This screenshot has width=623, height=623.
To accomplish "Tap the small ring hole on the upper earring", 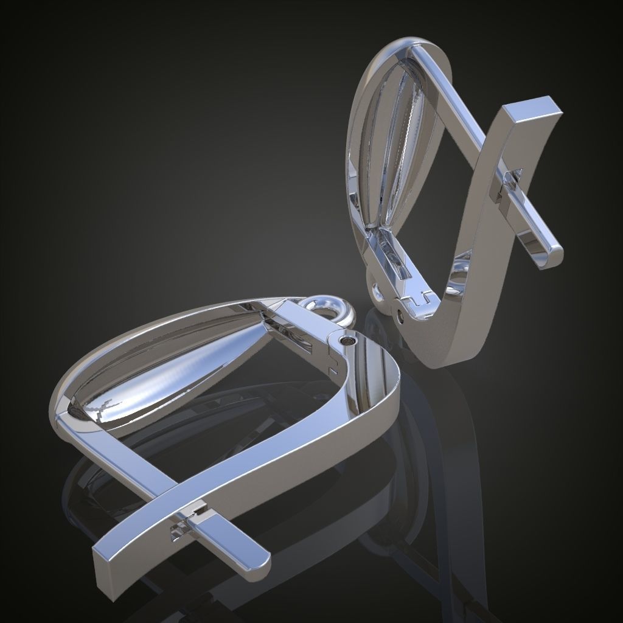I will point(379,293).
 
